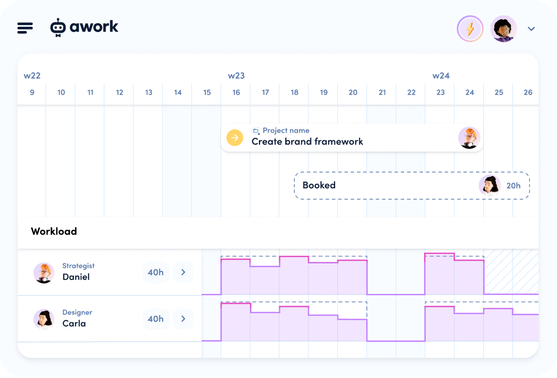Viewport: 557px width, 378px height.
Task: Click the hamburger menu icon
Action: click(x=25, y=28)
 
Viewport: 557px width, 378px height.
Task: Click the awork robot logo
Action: click(x=58, y=27)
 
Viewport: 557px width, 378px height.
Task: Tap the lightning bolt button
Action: click(x=470, y=28)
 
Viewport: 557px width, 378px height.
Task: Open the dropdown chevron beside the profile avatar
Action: click(x=531, y=29)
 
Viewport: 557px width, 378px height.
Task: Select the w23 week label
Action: click(x=236, y=75)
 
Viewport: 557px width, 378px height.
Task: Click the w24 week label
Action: click(x=441, y=75)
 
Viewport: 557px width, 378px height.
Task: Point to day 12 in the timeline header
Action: click(x=120, y=93)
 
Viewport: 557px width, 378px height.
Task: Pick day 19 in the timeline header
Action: click(x=324, y=93)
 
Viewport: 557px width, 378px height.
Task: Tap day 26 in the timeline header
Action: click(x=528, y=93)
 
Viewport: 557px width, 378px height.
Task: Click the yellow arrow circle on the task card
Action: click(x=235, y=138)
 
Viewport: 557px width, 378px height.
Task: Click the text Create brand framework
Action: click(x=307, y=142)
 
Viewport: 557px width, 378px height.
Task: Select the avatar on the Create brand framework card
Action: click(x=469, y=138)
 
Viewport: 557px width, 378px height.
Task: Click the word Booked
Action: click(x=319, y=185)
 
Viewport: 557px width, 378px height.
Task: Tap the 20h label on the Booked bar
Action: click(x=513, y=186)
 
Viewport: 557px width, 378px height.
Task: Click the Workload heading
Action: click(x=54, y=231)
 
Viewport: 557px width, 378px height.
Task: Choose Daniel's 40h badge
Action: click(x=155, y=273)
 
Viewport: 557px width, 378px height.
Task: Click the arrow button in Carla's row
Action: click(x=183, y=319)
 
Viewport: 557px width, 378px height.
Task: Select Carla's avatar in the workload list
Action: click(x=43, y=319)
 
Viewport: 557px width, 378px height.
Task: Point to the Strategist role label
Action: click(x=78, y=266)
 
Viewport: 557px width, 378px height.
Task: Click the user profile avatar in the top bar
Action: click(x=503, y=29)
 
